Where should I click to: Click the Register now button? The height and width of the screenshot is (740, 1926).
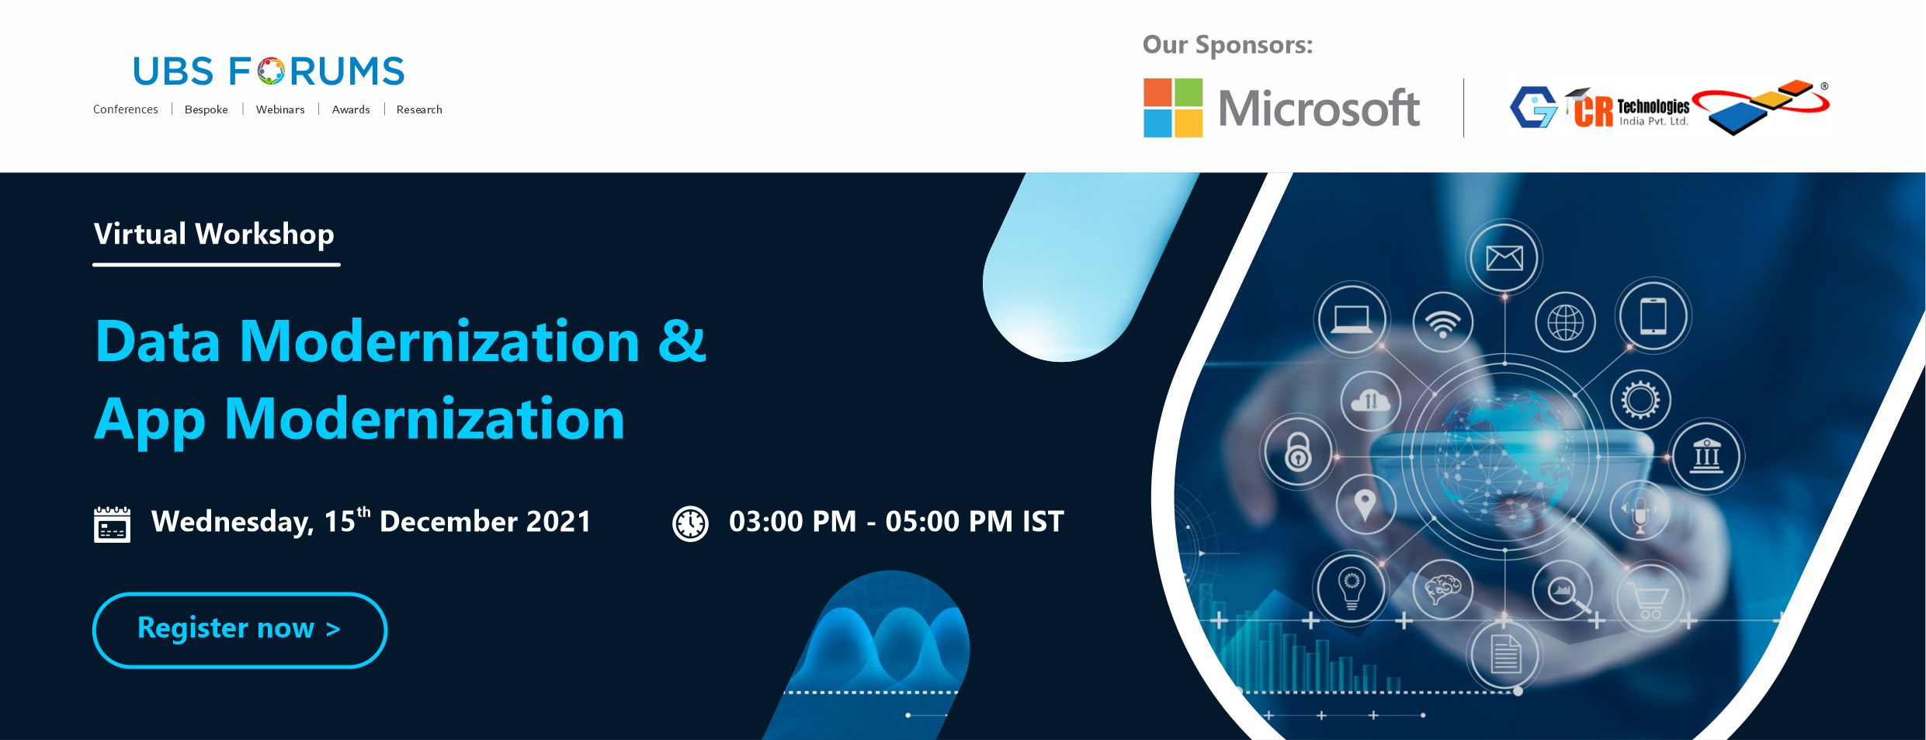click(240, 630)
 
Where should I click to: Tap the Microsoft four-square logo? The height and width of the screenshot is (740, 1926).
click(1173, 108)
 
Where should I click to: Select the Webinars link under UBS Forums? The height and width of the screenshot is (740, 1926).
click(280, 109)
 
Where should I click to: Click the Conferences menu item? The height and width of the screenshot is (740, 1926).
click(126, 109)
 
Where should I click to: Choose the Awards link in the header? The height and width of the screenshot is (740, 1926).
click(351, 109)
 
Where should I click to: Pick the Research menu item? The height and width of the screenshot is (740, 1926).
click(419, 109)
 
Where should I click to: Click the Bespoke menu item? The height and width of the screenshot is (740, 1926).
click(206, 109)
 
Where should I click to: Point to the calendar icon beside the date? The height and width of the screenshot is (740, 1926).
click(113, 524)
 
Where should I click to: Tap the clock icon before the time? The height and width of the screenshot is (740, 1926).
click(690, 523)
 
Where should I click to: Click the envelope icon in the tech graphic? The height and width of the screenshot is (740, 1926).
click(1504, 258)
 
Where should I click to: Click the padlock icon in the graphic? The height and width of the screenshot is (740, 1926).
click(1298, 452)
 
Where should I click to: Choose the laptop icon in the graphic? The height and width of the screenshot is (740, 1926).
click(1352, 319)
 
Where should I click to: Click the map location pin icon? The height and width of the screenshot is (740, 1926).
click(1366, 505)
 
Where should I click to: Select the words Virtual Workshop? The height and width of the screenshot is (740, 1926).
click(214, 235)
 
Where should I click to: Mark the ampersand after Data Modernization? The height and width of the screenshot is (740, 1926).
click(682, 341)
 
